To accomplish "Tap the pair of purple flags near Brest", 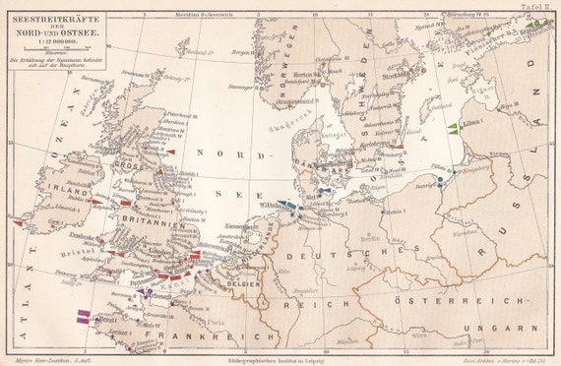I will pyautogui.click(x=86, y=314).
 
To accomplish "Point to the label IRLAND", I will pyautogui.click(x=62, y=193).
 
